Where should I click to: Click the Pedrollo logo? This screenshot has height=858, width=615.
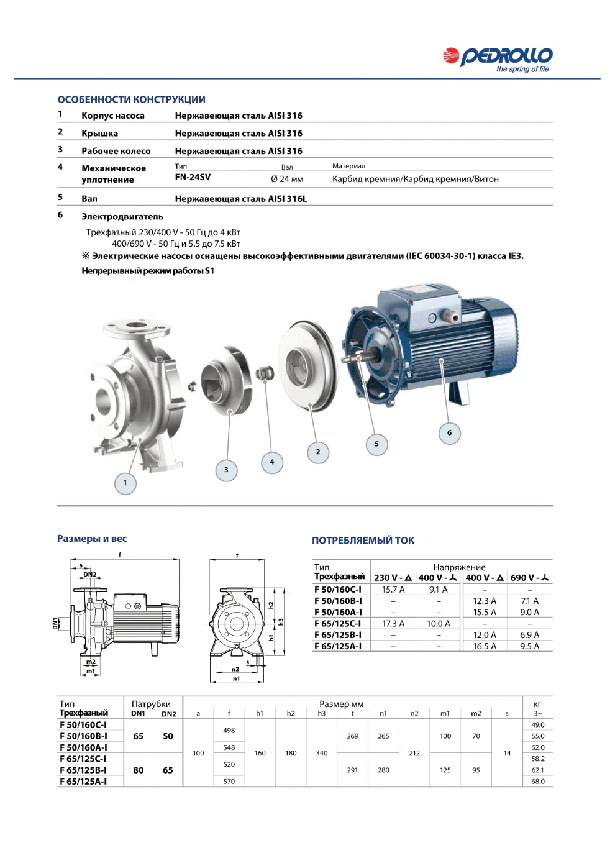click(498, 60)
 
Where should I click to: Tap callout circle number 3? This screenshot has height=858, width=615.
click(226, 470)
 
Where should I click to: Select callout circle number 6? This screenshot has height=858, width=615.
click(449, 433)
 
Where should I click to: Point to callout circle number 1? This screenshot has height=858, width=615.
click(125, 483)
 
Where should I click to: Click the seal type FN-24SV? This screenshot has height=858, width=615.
click(193, 177)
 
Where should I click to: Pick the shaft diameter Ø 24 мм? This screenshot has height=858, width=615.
click(287, 179)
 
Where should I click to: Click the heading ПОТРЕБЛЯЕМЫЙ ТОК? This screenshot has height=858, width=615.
click(363, 541)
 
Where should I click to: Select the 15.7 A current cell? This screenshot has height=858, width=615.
click(393, 590)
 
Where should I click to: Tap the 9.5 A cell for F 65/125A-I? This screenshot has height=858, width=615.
click(529, 646)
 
